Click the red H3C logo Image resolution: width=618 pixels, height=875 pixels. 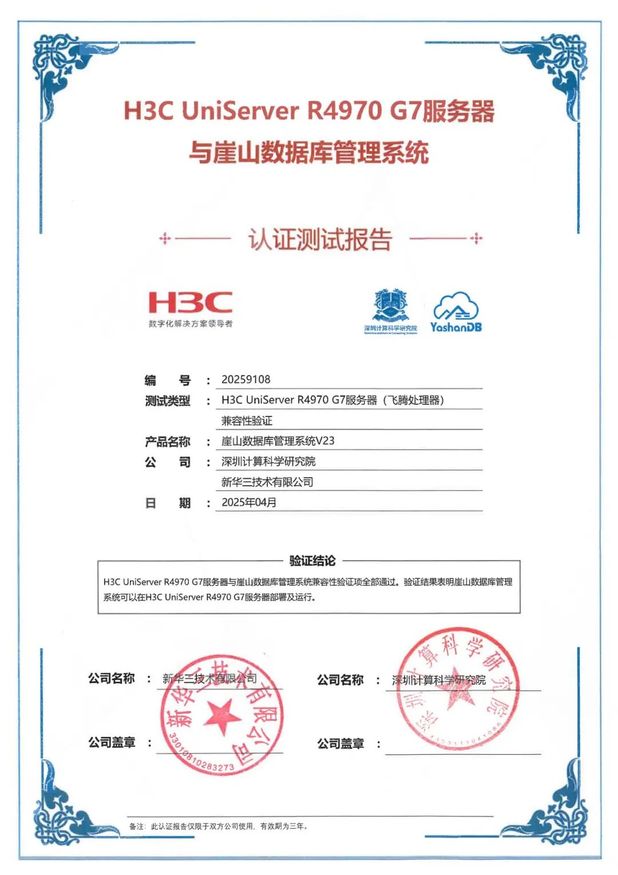click(190, 302)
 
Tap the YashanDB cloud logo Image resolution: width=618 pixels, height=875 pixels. click(456, 312)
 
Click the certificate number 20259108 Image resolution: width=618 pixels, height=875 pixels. click(245, 380)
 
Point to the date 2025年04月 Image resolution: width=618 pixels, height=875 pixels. click(249, 502)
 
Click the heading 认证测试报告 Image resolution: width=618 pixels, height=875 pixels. click(320, 239)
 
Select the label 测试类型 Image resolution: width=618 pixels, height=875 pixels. click(167, 401)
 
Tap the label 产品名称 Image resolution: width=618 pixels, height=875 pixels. click(167, 442)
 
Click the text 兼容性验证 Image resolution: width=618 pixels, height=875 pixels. click(247, 421)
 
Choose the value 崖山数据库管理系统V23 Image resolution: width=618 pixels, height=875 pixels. click(278, 441)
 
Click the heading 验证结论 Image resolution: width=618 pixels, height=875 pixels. click(312, 561)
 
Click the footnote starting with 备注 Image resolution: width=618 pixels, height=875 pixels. click(219, 826)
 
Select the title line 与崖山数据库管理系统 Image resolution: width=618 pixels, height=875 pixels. click(309, 153)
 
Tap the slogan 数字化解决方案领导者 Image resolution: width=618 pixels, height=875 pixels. click(191, 324)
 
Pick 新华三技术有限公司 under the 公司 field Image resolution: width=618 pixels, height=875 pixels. click(267, 482)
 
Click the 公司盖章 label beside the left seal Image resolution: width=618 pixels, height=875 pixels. click(112, 743)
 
